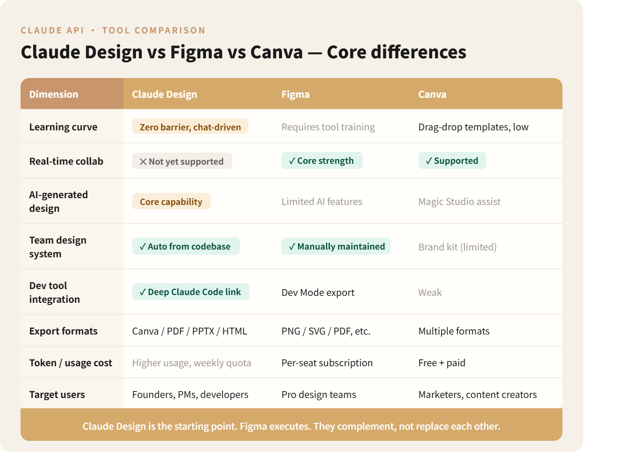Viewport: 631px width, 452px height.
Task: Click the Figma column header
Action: pyautogui.click(x=295, y=94)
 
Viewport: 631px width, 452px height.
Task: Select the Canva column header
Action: pyautogui.click(x=432, y=94)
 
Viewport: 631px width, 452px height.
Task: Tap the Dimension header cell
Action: pyautogui.click(x=54, y=94)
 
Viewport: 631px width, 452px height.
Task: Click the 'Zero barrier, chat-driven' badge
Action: pyautogui.click(x=190, y=127)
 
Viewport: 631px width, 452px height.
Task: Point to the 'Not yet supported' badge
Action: pyautogui.click(x=182, y=161)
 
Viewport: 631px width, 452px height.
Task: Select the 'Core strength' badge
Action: pyautogui.click(x=322, y=161)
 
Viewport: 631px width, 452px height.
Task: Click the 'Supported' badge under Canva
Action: pyautogui.click(x=452, y=161)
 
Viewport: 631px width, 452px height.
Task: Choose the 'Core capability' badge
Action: pyautogui.click(x=171, y=202)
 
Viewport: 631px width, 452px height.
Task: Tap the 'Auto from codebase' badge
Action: pyautogui.click(x=186, y=247)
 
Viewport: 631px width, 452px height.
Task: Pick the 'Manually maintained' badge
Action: pyautogui.click(x=336, y=247)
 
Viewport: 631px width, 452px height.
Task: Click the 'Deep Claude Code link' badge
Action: pyautogui.click(x=190, y=292)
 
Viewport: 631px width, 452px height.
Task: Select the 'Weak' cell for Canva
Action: pyautogui.click(x=430, y=292)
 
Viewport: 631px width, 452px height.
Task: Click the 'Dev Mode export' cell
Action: pyautogui.click(x=318, y=292)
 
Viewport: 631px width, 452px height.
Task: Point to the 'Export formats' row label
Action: pyautogui.click(x=63, y=331)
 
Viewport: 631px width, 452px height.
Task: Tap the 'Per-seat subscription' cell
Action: pyautogui.click(x=327, y=363)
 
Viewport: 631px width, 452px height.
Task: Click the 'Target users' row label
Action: pyautogui.click(x=57, y=395)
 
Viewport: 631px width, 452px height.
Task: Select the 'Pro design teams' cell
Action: pyautogui.click(x=319, y=395)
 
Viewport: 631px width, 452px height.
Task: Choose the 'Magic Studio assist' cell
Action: pyautogui.click(x=459, y=202)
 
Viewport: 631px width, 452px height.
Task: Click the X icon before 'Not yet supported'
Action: pyautogui.click(x=143, y=162)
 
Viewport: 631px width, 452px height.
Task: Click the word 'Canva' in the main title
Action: pyautogui.click(x=276, y=52)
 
